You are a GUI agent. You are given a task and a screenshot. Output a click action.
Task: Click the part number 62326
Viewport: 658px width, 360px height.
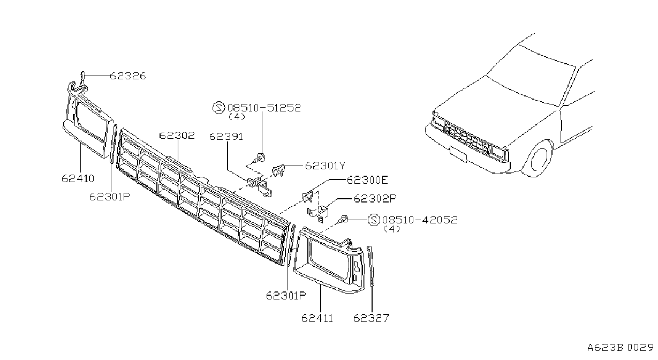click(128, 76)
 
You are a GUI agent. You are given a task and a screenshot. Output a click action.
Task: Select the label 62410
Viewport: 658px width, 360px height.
click(78, 178)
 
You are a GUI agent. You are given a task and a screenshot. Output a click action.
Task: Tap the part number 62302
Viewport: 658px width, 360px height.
click(177, 136)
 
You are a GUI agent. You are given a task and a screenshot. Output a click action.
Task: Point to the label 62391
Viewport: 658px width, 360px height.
click(226, 137)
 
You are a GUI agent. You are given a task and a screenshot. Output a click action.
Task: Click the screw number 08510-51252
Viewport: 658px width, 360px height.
click(264, 108)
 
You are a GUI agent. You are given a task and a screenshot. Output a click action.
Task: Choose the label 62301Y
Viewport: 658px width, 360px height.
click(325, 166)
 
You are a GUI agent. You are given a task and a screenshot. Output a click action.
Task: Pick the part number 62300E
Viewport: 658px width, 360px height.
click(367, 180)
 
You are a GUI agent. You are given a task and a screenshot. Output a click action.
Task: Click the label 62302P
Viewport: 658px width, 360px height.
click(375, 199)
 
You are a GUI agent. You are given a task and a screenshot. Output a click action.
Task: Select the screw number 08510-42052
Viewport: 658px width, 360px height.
click(420, 220)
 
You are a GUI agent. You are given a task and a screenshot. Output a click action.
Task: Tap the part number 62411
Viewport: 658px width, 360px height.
click(317, 318)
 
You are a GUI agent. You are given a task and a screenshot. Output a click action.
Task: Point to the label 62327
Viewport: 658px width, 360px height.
click(372, 318)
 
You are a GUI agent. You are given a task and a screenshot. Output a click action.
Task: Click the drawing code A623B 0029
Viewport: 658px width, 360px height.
click(621, 348)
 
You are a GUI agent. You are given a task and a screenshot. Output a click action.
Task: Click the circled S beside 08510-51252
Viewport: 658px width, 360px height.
click(218, 108)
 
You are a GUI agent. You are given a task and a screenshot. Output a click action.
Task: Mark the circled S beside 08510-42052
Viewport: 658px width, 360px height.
click(374, 220)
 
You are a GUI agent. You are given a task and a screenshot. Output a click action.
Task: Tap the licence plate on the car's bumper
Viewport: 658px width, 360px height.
click(458, 154)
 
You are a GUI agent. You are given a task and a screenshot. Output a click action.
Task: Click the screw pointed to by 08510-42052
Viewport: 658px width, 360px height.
click(343, 219)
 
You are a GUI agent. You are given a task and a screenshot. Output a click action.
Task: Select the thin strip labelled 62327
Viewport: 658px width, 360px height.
click(371, 266)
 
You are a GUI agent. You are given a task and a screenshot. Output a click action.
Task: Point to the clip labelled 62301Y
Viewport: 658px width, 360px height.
click(278, 170)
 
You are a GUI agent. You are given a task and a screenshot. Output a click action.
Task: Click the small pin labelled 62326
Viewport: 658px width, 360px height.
click(82, 77)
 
